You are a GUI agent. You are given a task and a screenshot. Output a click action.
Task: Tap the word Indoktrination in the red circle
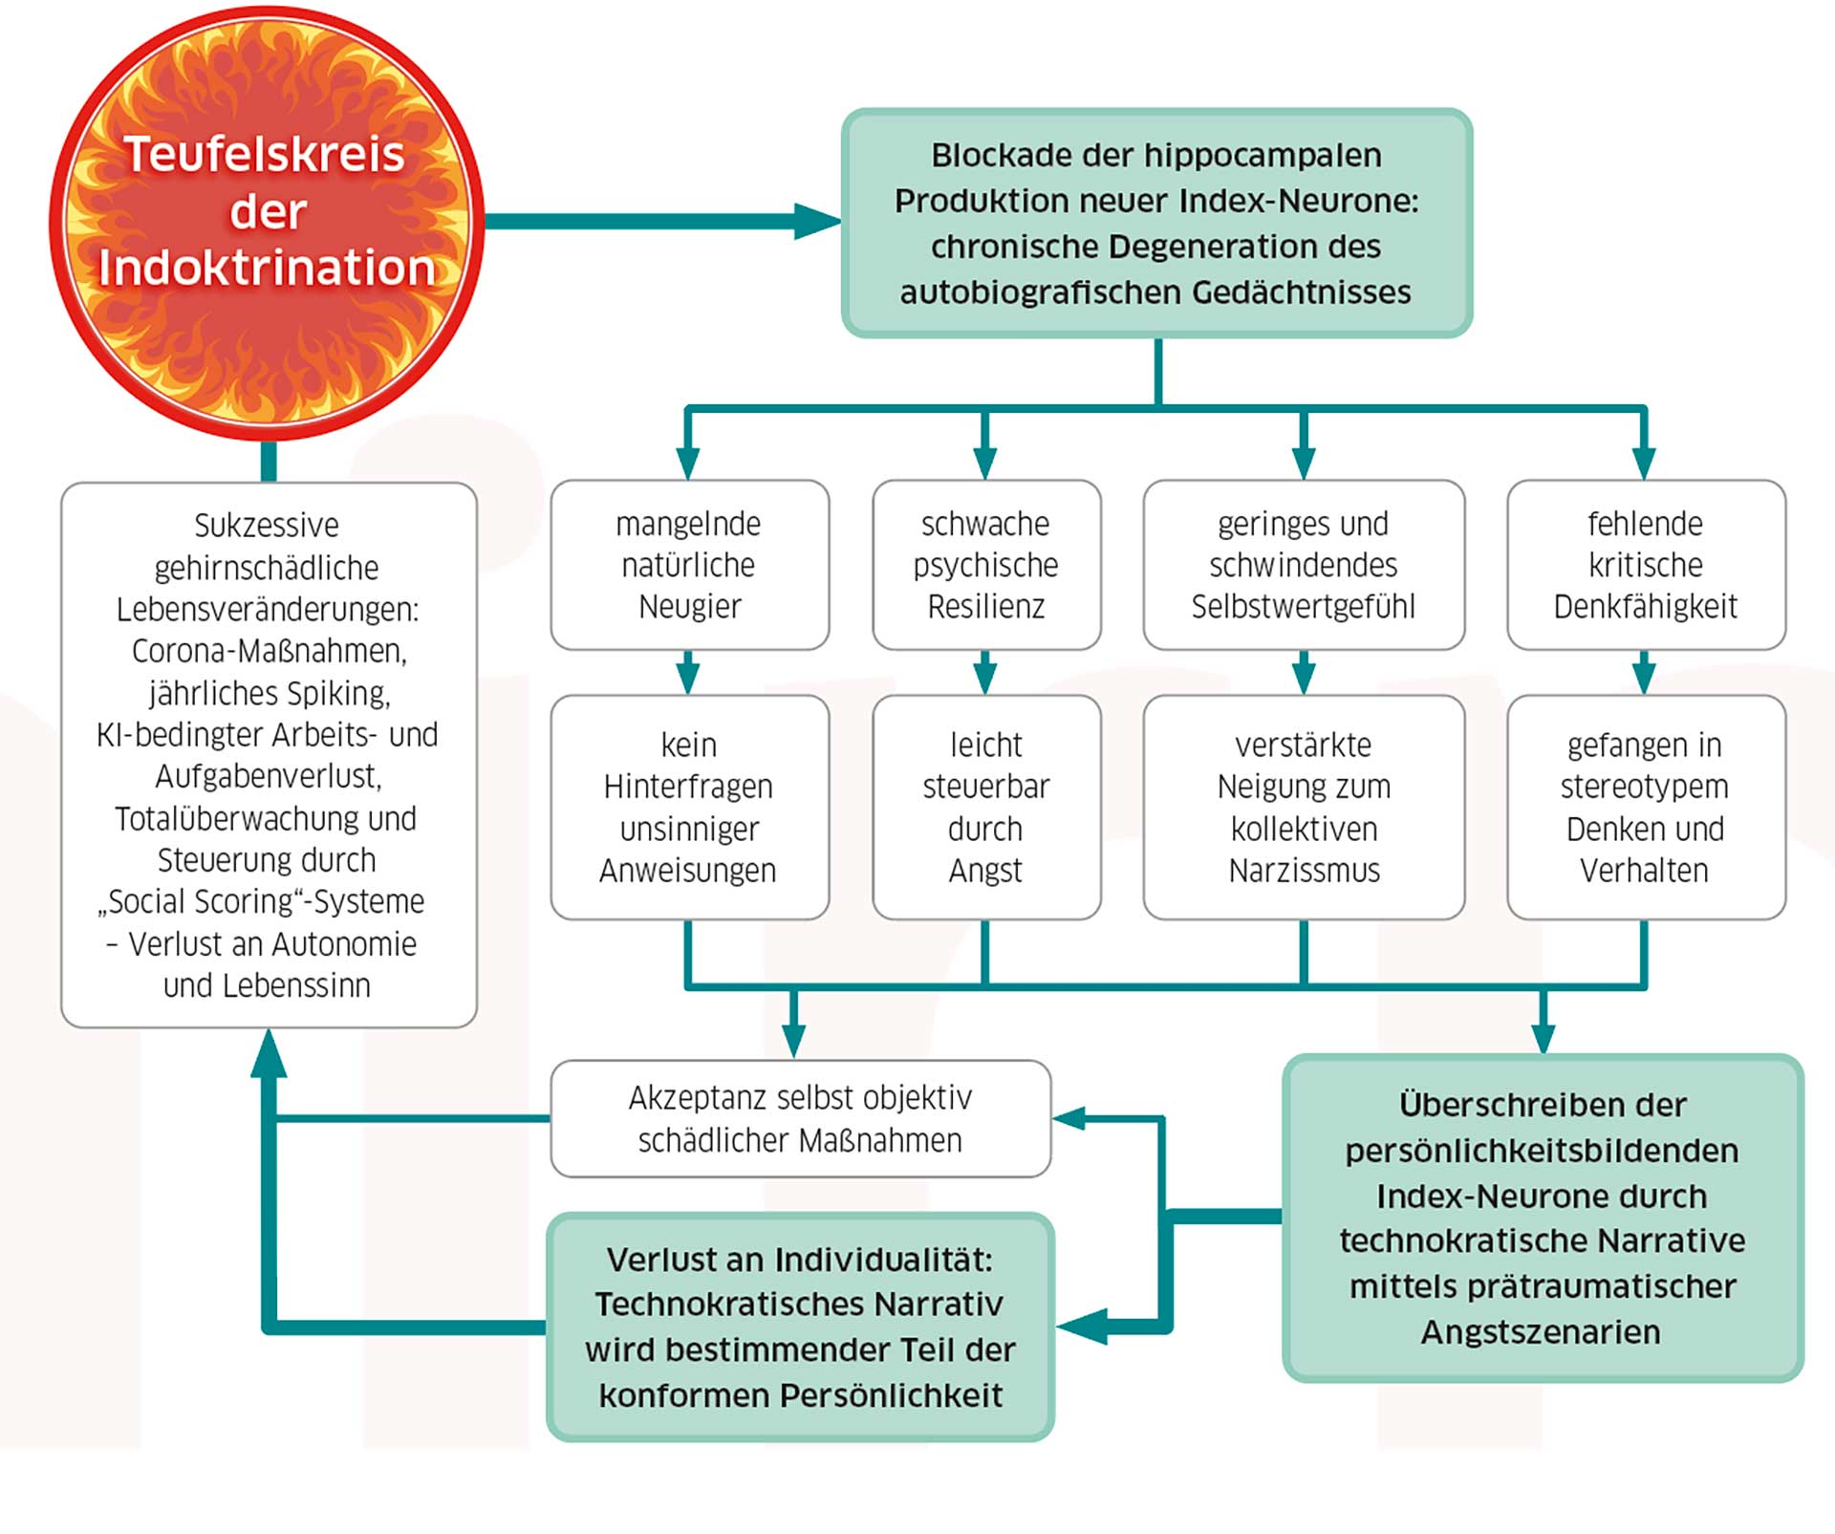(267, 268)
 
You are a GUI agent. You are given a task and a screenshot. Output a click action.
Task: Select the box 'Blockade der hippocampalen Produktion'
(1156, 223)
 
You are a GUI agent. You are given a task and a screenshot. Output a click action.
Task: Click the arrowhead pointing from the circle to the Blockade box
(816, 222)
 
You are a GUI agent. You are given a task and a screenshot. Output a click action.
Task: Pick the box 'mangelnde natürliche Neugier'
(689, 565)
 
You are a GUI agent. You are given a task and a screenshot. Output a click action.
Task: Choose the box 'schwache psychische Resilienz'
(986, 565)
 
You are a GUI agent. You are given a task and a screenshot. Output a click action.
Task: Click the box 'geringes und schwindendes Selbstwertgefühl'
(1304, 565)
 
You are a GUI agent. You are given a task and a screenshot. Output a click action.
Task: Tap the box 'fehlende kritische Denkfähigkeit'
(1646, 565)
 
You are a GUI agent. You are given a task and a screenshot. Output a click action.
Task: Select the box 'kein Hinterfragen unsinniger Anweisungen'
(689, 808)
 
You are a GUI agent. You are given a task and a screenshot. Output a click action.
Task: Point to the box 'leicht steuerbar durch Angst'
(986, 808)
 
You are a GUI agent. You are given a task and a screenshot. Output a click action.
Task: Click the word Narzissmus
(1305, 871)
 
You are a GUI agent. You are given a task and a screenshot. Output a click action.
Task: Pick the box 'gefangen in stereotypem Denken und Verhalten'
(1646, 808)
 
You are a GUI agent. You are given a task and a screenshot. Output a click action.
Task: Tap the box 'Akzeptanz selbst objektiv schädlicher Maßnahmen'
(800, 1118)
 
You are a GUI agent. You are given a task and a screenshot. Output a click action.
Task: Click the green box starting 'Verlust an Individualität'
(800, 1327)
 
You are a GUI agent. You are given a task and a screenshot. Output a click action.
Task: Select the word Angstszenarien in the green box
(1541, 1331)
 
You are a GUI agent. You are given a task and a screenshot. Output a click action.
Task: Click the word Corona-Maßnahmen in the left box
(270, 651)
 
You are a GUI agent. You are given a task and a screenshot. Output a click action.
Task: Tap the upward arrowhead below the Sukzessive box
(269, 1054)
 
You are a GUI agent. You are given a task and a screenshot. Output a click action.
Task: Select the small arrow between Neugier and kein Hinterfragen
(688, 674)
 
